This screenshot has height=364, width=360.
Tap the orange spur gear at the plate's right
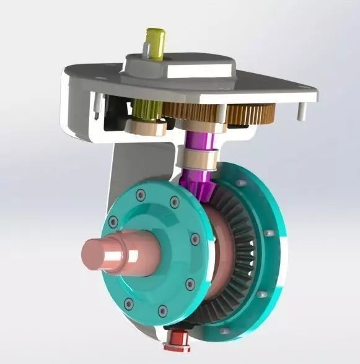point(251,114)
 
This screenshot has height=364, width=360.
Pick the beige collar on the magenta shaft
point(196,159)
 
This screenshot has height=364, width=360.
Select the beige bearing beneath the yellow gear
point(146,127)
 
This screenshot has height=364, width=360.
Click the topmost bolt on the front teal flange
point(141,194)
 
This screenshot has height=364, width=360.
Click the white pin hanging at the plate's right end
point(301,111)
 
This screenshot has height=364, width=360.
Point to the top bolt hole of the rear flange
point(241,183)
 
